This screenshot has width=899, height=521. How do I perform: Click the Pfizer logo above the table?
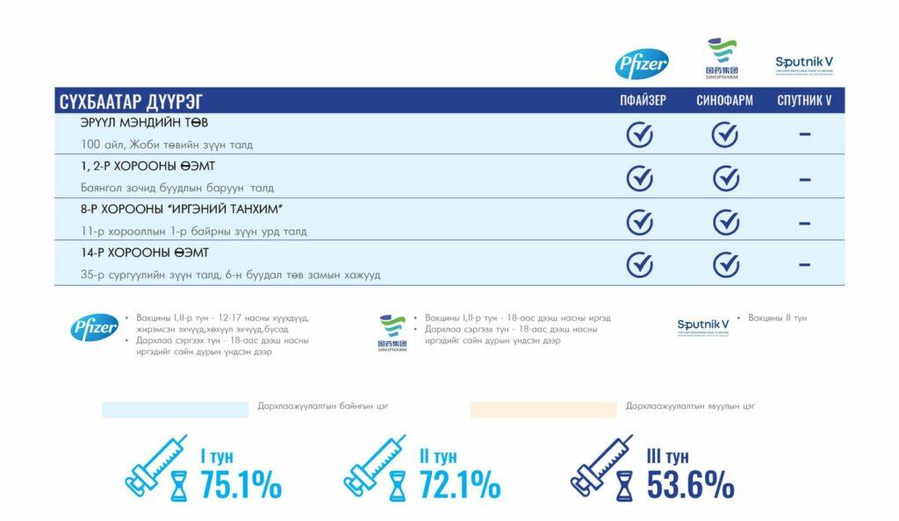[642, 64]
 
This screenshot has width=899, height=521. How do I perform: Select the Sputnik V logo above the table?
[804, 64]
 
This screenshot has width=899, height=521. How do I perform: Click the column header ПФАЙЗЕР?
[643, 101]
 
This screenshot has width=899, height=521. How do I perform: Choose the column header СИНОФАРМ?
[724, 101]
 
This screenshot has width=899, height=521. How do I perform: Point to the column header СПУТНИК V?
[804, 101]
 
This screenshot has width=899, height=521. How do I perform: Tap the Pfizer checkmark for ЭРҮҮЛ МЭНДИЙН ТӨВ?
[639, 134]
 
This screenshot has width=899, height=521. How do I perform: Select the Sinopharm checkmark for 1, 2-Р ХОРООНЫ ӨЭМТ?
[725, 178]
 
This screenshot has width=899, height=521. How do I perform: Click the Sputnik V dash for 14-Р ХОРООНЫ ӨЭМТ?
[804, 263]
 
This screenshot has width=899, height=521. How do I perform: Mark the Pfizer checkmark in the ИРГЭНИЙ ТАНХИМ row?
[639, 222]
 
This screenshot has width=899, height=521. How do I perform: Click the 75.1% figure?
[241, 484]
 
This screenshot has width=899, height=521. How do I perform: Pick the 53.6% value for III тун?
[690, 484]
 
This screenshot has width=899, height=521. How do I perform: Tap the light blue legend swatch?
[175, 410]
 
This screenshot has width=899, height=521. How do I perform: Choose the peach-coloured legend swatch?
[543, 410]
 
